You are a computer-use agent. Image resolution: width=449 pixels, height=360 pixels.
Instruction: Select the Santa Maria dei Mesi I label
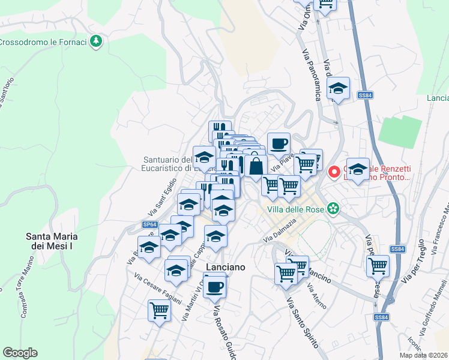point(52,241)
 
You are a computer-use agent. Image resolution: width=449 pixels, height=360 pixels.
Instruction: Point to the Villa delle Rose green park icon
point(332,209)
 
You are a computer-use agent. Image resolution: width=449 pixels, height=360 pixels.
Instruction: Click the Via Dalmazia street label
point(280,232)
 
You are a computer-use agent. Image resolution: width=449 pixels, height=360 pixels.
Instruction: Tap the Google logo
point(20,353)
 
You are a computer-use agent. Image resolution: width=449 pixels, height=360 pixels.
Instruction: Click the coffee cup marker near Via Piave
point(279,144)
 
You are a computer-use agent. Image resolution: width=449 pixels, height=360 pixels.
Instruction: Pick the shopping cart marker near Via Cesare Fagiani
point(159,311)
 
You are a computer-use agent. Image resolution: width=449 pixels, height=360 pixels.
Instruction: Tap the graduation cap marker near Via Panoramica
point(339,88)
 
